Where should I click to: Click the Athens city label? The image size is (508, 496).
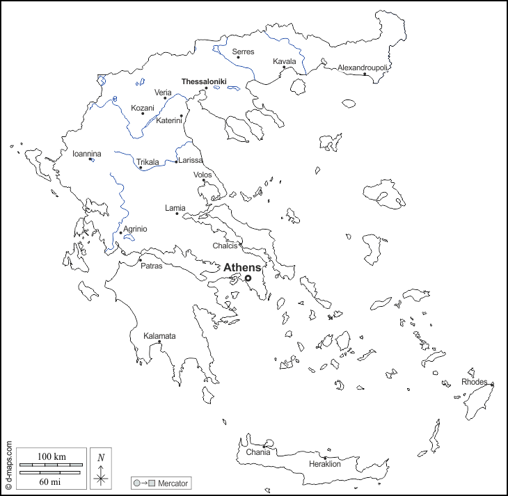pos(242,267)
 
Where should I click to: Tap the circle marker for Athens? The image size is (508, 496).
pos(248,278)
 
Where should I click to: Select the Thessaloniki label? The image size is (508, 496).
pos(204,81)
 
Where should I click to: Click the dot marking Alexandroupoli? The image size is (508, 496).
pos(365,74)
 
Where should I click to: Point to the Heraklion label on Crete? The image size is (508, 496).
pos(325,464)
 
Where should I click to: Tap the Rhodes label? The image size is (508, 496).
pos(475,381)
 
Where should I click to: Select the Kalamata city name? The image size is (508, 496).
pos(159,336)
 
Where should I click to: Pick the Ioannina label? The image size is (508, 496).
pos(87,154)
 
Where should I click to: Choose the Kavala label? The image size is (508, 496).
pos(285,61)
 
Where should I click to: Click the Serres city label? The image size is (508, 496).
pos(243,51)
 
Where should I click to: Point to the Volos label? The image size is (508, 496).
pos(203,175)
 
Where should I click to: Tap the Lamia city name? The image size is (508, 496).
pos(175,207)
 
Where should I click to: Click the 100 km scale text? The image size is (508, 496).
pos(51,456)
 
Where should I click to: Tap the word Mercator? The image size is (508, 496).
pos(172,483)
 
